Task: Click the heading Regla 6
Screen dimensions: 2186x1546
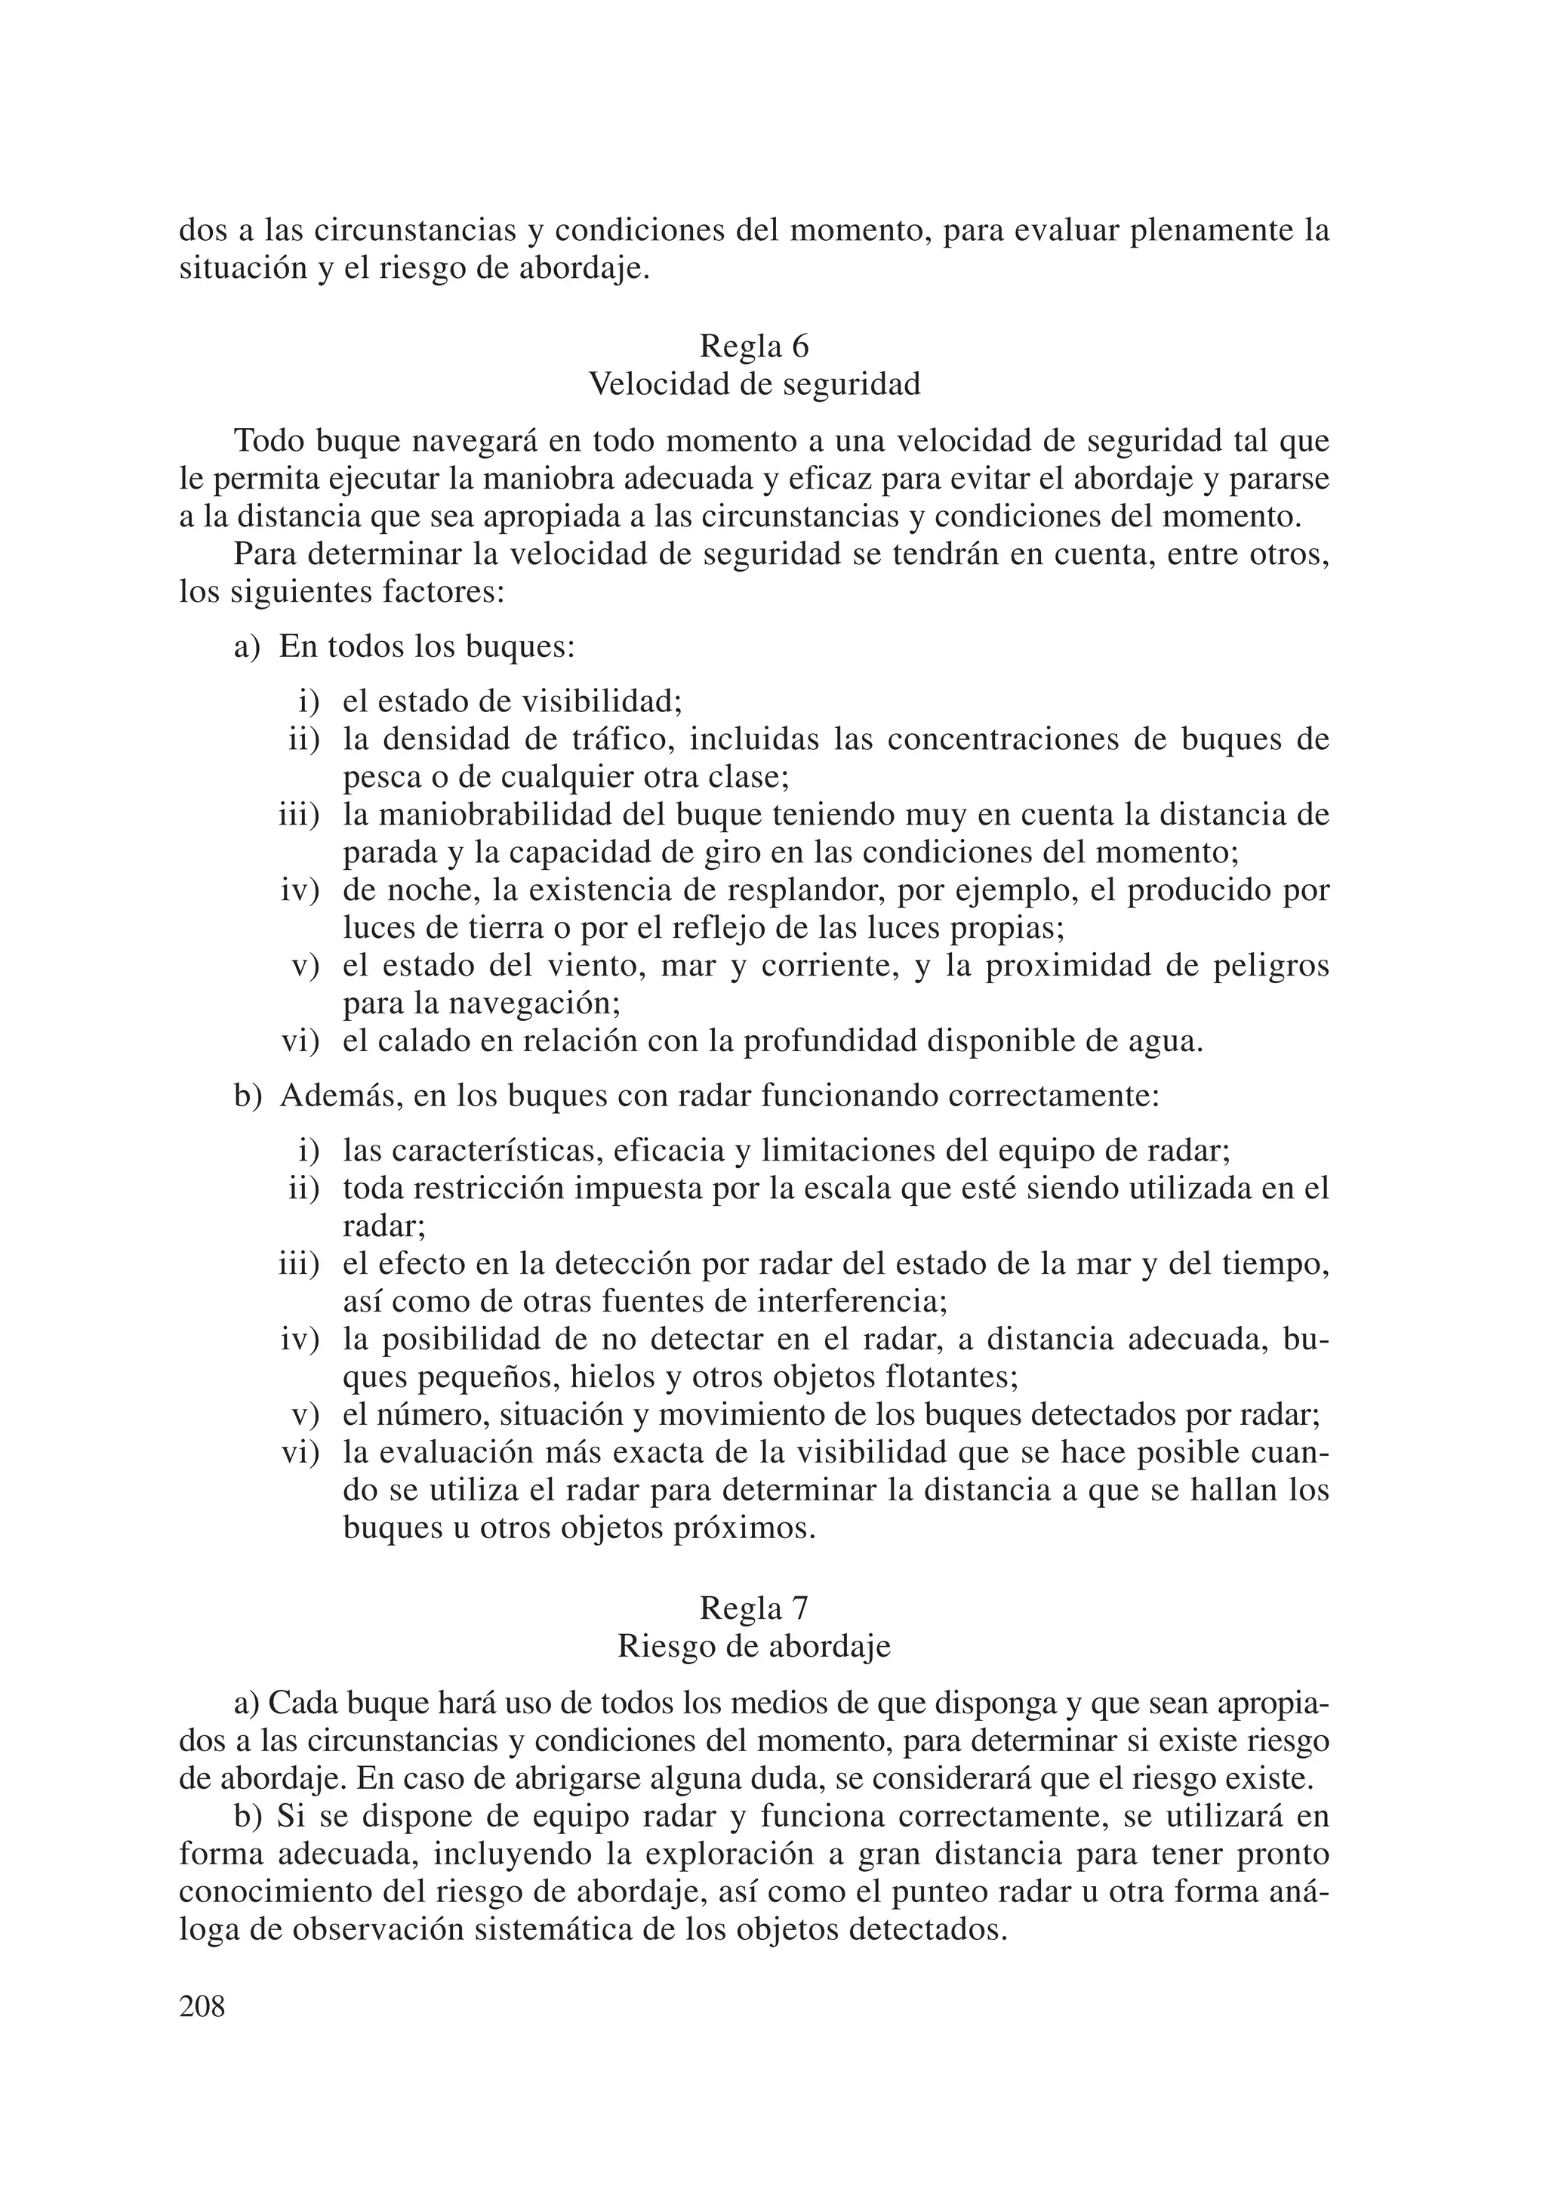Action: (754, 347)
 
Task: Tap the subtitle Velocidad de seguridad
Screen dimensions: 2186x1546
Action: (754, 384)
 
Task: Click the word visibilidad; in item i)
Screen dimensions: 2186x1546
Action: (602, 703)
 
